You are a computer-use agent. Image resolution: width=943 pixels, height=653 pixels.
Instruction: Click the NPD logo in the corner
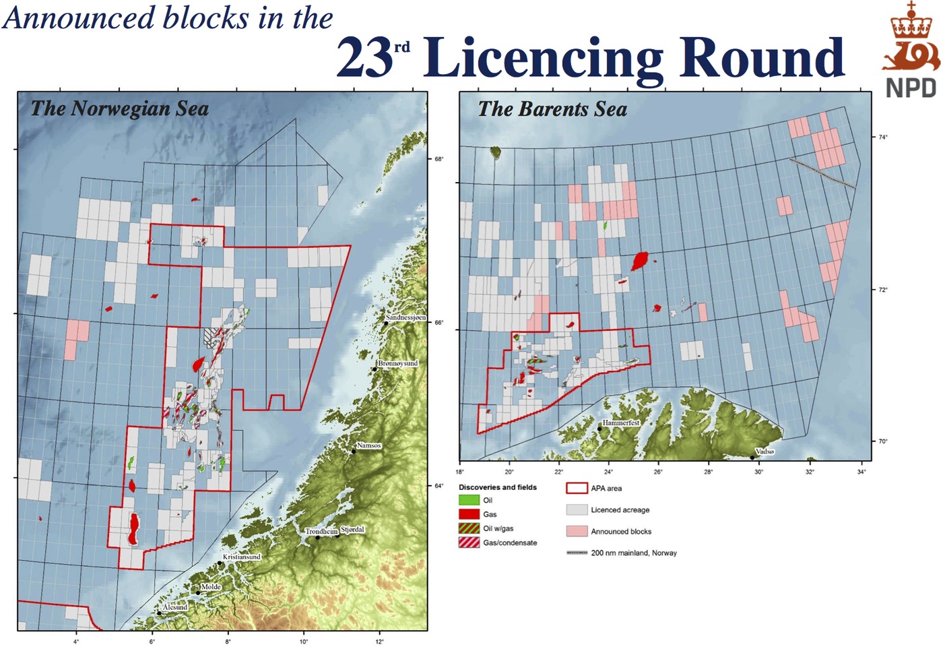911,51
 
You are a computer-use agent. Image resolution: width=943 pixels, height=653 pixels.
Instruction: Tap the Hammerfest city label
621,423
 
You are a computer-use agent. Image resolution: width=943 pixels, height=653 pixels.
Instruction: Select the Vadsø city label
765,452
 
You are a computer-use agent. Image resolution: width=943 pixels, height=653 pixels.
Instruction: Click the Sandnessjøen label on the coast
405,317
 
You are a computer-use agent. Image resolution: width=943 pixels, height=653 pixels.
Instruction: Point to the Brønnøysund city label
397,363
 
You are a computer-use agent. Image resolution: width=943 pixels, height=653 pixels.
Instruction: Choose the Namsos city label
368,445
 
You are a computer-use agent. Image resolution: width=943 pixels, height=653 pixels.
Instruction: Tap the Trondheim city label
321,531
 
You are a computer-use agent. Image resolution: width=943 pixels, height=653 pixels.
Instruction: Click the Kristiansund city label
242,557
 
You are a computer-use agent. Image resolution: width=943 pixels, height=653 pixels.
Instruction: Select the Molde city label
211,587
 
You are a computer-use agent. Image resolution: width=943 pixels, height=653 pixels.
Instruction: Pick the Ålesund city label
174,607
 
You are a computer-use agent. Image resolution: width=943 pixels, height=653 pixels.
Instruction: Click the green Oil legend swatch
469,500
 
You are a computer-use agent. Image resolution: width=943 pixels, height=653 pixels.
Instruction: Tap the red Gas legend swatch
469,514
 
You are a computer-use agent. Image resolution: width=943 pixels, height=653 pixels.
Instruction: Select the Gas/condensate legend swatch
469,542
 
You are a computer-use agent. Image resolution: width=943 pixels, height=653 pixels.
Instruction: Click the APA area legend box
577,489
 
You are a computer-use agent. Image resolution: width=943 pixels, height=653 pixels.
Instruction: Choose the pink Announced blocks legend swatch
577,531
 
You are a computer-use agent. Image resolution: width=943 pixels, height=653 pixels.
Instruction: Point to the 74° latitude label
882,137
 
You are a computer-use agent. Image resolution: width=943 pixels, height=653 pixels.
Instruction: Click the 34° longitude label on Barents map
861,472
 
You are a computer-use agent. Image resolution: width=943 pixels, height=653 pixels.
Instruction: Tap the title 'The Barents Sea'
552,109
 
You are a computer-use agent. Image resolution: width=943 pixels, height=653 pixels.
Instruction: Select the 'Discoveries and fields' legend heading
498,487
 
